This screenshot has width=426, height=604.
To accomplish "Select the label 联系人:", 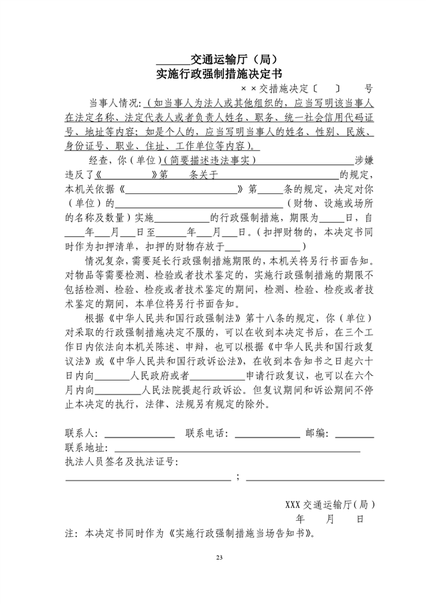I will click(x=82, y=434).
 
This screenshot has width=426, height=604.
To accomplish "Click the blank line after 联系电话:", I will click(x=267, y=436).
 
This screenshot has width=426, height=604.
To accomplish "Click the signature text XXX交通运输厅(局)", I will click(x=330, y=503).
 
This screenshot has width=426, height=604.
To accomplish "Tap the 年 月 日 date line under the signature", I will click(x=330, y=519).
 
